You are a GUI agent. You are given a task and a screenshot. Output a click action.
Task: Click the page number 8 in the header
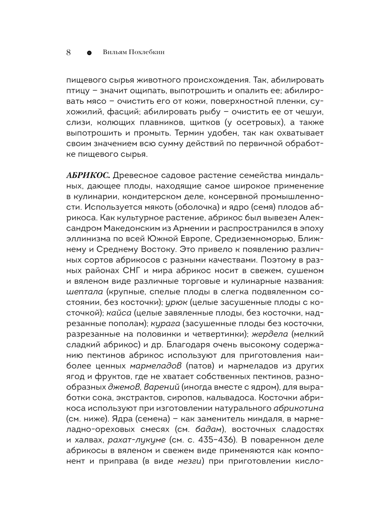pyautogui.click(x=68, y=52)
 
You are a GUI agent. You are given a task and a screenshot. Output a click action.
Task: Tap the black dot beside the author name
pyautogui.click(x=89, y=53)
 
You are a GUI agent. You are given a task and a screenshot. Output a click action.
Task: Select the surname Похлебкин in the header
pyautogui.click(x=146, y=52)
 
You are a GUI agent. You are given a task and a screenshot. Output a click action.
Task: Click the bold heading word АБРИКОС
pyautogui.click(x=88, y=174)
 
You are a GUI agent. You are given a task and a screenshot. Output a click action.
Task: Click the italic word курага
pyautogui.click(x=166, y=324)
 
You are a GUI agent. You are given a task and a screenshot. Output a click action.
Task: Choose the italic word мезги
pyautogui.click(x=190, y=461)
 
